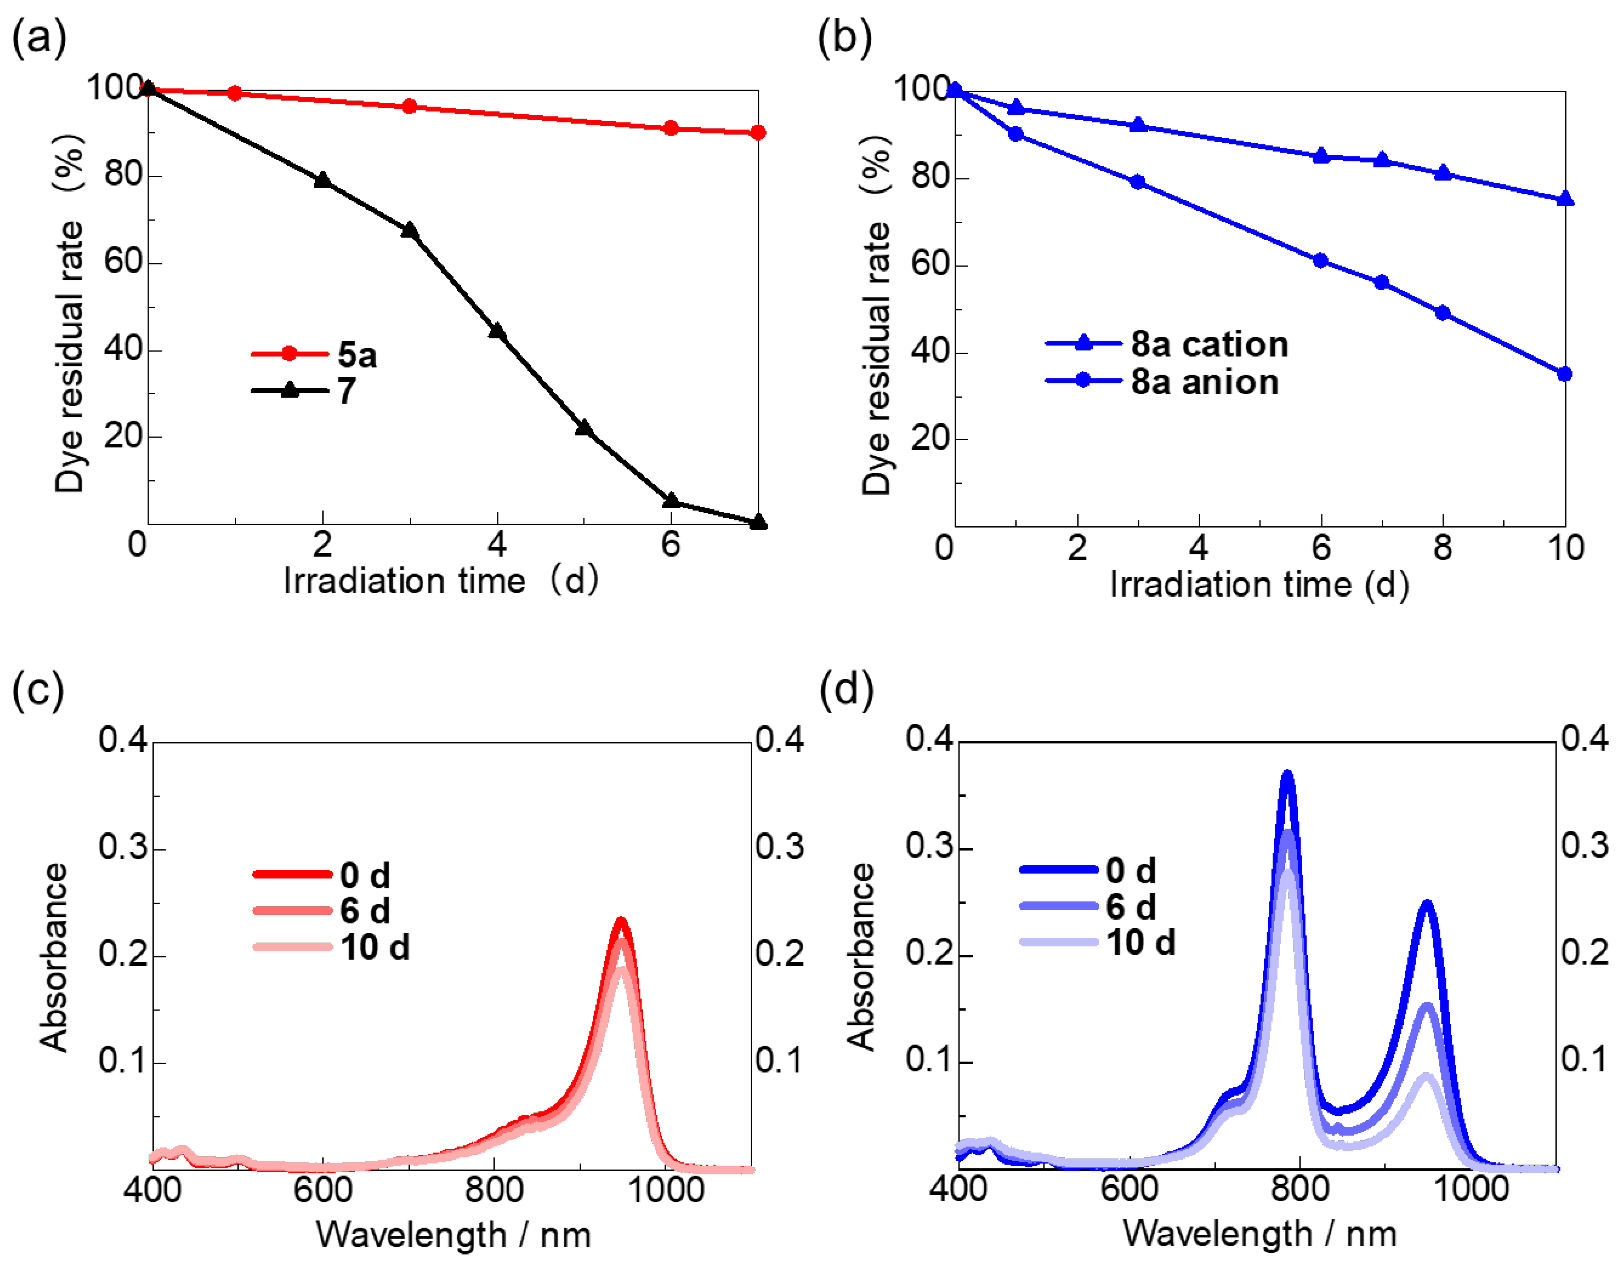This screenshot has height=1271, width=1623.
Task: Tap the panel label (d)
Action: tap(846, 688)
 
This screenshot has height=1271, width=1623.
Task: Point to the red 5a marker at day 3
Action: tap(409, 107)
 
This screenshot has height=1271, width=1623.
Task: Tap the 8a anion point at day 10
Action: tap(1564, 374)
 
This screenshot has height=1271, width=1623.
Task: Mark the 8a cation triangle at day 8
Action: tap(1443, 173)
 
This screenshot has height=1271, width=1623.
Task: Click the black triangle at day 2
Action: tap(322, 180)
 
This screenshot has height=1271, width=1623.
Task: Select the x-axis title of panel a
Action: tap(441, 580)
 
